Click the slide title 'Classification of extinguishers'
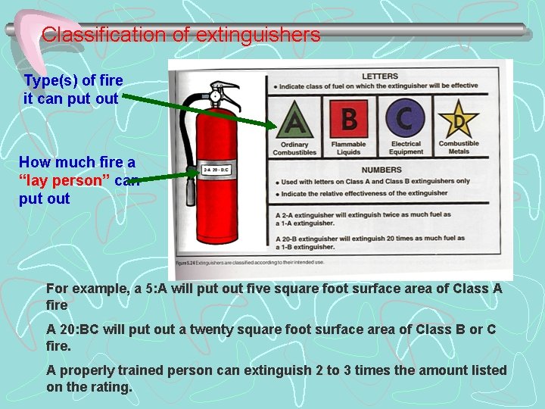coord(181,35)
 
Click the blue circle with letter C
coord(405,119)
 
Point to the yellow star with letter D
coord(459,120)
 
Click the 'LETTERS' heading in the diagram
coord(380,76)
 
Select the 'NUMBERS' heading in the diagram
coord(381,170)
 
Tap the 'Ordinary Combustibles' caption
coord(294,148)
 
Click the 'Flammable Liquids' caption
coord(348,148)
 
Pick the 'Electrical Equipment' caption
coord(406,148)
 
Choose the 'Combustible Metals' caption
coord(459,148)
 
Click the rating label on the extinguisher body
coord(216,170)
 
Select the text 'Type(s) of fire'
coord(73,80)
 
